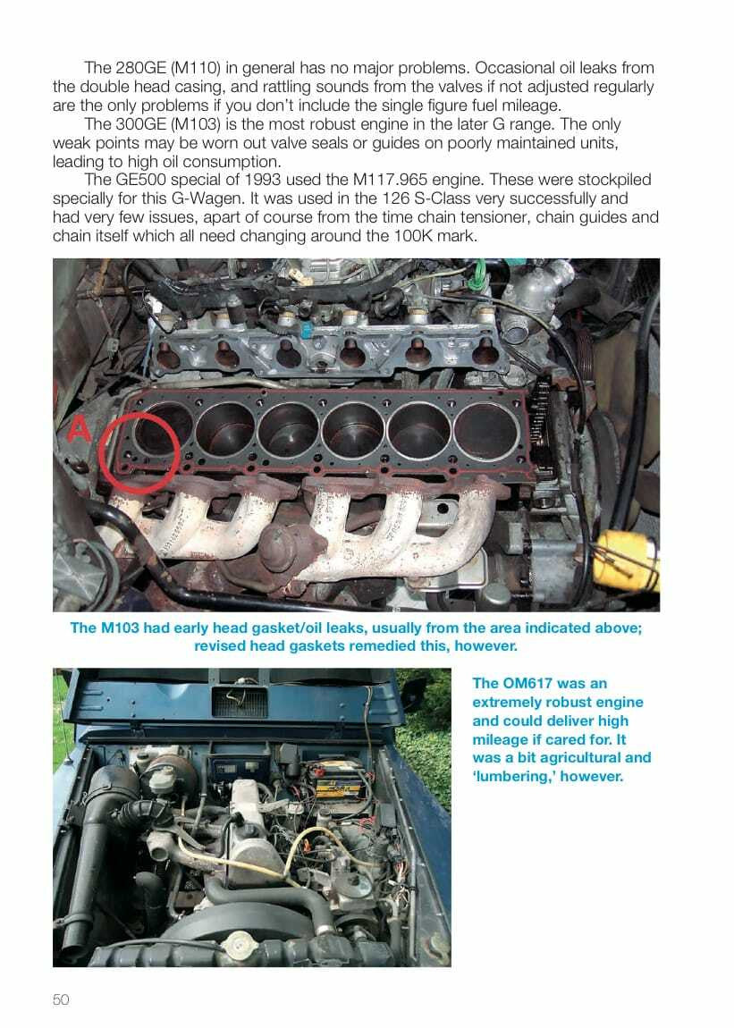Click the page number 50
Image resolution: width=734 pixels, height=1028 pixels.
click(x=61, y=999)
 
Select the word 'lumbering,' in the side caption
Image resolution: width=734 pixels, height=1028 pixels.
click(x=514, y=777)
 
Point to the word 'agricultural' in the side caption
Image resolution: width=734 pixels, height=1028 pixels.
click(x=592, y=758)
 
